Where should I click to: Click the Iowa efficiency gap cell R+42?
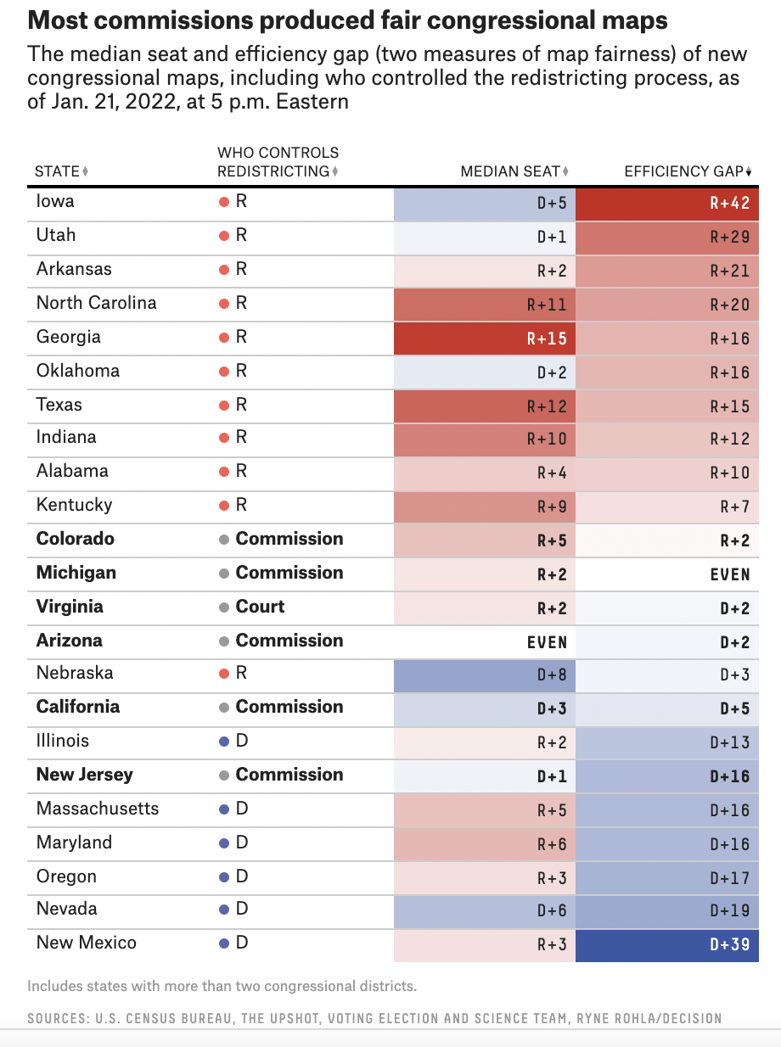tap(666, 204)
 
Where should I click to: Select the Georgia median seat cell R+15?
tap(485, 339)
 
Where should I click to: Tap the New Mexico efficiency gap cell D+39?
tap(666, 944)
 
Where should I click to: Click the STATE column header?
tap(57, 171)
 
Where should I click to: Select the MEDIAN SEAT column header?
tap(509, 171)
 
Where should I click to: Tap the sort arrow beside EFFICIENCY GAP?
tap(750, 172)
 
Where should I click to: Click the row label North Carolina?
tap(96, 303)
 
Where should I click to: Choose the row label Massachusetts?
tap(98, 809)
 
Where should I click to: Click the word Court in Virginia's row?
tap(260, 607)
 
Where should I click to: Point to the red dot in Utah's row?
tap(224, 236)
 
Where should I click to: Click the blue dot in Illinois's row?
tap(224, 742)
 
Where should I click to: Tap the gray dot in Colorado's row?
tap(224, 540)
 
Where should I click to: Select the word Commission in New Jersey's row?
tap(289, 775)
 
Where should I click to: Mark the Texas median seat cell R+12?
tap(485, 406)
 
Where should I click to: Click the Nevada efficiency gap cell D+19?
tap(666, 910)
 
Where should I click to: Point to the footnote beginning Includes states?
tap(222, 986)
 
